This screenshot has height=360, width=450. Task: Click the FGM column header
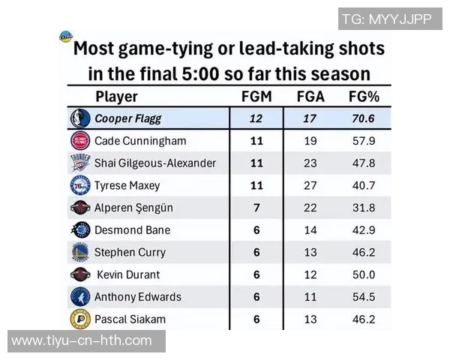click(x=256, y=97)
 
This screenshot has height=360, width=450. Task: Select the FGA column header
click(x=310, y=97)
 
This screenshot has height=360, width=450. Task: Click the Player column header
click(x=116, y=97)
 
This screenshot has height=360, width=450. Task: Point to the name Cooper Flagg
click(x=127, y=118)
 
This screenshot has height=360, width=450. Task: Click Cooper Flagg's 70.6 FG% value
click(x=362, y=118)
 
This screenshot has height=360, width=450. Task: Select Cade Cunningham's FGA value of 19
click(x=310, y=141)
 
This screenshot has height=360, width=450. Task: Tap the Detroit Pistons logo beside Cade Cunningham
click(x=79, y=141)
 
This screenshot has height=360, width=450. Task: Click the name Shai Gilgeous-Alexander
click(x=155, y=163)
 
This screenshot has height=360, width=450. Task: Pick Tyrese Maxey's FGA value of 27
click(x=310, y=185)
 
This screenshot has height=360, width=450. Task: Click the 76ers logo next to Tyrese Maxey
click(x=79, y=185)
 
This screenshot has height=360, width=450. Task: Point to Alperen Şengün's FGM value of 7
click(x=256, y=208)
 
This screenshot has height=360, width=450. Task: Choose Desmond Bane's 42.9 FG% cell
click(x=362, y=230)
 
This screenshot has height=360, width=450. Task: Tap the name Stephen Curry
click(x=130, y=253)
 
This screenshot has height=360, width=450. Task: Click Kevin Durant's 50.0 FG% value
click(x=362, y=274)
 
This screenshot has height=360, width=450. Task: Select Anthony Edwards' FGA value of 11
click(x=310, y=297)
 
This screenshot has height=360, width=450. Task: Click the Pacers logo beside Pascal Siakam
click(x=79, y=319)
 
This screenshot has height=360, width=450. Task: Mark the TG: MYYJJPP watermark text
click(x=386, y=19)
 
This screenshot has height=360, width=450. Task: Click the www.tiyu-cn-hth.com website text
click(x=82, y=341)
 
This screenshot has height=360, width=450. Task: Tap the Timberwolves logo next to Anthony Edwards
click(x=79, y=297)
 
